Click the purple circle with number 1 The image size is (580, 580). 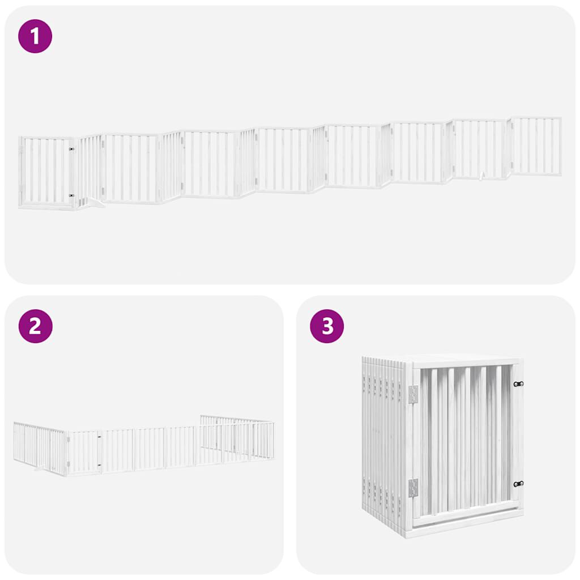pos(35,36)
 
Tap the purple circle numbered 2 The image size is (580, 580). pos(35,326)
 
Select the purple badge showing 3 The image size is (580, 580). pos(327,326)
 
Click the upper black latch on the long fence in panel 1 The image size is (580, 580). pos(71,150)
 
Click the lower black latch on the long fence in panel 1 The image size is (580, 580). pos(71,195)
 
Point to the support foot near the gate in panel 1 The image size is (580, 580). pos(93,203)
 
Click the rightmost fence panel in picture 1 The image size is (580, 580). pos(535,146)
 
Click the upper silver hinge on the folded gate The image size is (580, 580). pos(413,394)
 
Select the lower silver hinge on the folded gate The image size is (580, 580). pos(413,487)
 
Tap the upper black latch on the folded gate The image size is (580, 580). pos(518,384)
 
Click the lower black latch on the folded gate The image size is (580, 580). pos(518,484)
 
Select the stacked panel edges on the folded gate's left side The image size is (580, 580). pos(382,442)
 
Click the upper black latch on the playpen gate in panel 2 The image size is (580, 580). pos(99,437)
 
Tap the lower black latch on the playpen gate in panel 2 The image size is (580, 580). pos(99,466)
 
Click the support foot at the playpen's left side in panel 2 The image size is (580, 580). pos(40,468)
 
